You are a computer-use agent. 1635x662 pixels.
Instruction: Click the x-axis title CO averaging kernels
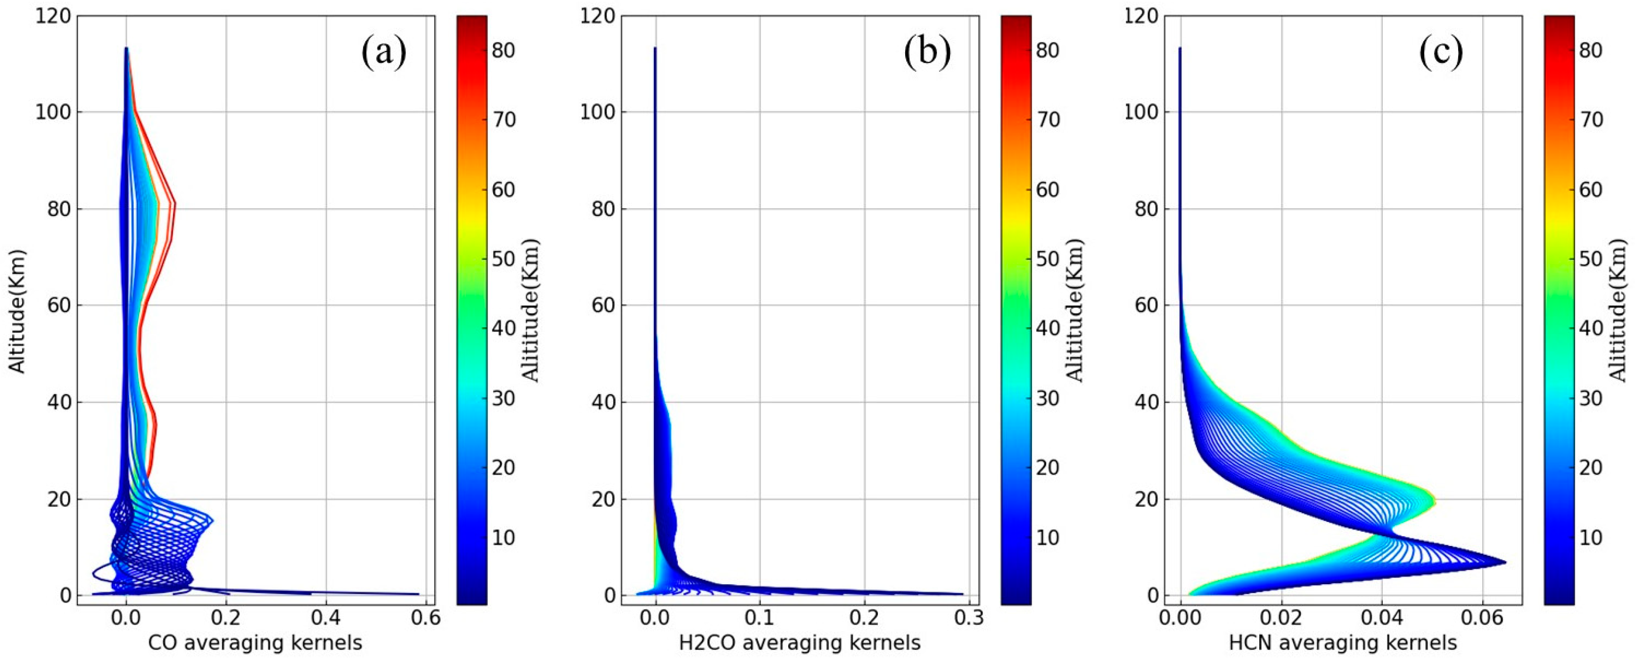coord(255,643)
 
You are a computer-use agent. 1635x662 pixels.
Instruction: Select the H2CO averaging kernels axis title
coord(800,643)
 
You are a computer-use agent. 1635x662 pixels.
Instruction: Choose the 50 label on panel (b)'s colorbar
coord(1047,259)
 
